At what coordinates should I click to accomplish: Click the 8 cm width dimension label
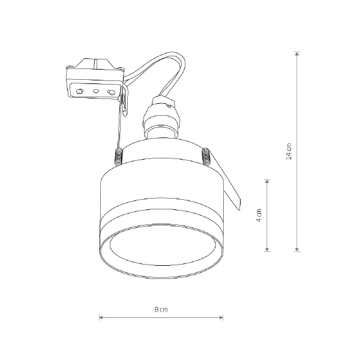[x=161, y=310]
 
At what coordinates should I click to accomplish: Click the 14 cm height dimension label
[x=289, y=152]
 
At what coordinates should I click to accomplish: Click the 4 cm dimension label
[x=259, y=215]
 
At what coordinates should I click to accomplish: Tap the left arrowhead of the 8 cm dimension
[x=101, y=318]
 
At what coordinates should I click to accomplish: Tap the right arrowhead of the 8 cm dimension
[x=221, y=318]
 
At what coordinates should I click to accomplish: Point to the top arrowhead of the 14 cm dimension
[x=297, y=54]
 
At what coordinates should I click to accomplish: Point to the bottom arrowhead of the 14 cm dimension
[x=297, y=250]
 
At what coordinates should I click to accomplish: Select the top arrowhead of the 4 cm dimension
[x=267, y=181]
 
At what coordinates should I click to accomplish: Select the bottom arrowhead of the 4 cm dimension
[x=267, y=250]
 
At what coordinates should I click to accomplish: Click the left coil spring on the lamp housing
[x=119, y=157]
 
